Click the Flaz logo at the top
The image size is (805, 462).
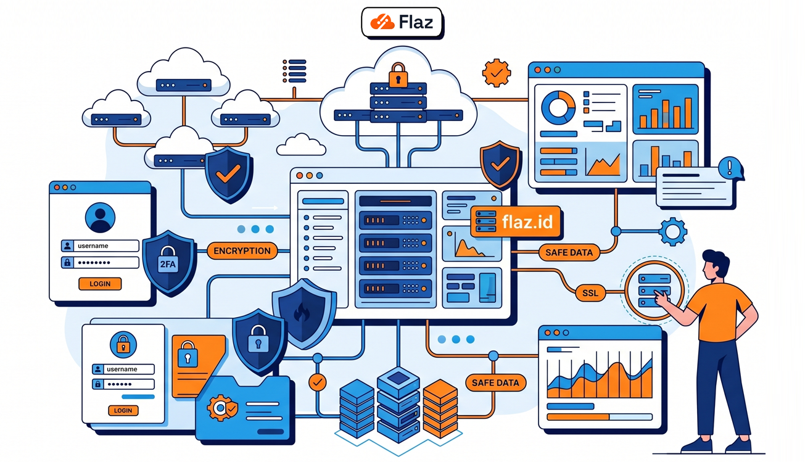pos(402,23)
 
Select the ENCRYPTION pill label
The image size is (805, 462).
pos(242,251)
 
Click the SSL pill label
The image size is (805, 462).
pos(590,293)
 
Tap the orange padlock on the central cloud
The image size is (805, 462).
pos(398,75)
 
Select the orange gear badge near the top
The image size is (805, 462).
pos(497,73)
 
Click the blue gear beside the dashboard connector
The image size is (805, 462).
pos(672,232)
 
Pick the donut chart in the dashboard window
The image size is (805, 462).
pos(558,107)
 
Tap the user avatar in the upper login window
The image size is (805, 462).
pos(100,218)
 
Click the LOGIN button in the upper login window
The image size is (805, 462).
pos(100,284)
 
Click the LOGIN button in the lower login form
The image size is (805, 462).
pos(123,410)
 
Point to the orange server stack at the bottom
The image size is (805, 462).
pos(440,407)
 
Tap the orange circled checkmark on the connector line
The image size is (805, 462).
pos(318,382)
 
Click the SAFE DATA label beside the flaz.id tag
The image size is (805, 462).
pos(569,252)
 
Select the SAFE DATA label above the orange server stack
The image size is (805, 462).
pos(495,382)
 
